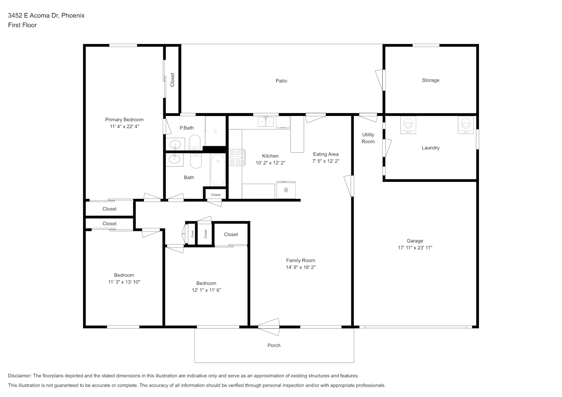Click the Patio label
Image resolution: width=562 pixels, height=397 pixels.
tap(281, 81)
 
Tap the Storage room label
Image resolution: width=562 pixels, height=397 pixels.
tap(430, 80)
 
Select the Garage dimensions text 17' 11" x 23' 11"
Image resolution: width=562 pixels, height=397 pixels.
tap(415, 248)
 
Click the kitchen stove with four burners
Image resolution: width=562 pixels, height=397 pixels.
tap(237, 157)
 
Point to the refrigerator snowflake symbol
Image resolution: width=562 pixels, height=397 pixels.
tap(286, 190)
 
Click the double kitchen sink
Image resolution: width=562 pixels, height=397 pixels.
tap(265, 122)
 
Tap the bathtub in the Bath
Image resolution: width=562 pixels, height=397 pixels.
tap(218, 170)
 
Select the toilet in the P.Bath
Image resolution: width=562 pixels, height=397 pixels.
tap(195, 142)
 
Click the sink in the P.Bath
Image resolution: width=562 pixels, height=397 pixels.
tap(175, 145)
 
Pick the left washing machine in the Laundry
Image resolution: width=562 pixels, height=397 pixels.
tap(408, 125)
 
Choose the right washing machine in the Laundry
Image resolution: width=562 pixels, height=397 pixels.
tap(466, 125)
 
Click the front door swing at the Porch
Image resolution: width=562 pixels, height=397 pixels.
tap(269, 327)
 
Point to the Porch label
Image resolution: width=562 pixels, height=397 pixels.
tap(274, 345)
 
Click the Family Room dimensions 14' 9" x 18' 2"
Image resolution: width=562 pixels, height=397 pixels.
tap(300, 267)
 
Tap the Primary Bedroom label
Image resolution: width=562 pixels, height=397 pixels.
tap(124, 119)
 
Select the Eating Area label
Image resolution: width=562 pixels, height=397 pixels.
tap(326, 154)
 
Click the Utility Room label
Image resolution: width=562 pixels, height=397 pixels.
tap(368, 138)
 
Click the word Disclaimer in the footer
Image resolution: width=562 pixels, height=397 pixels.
tap(19, 376)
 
